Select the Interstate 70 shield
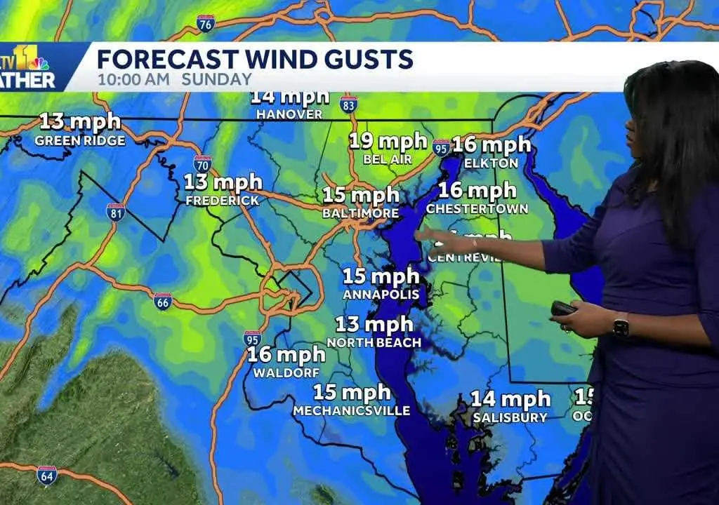tap(202, 163)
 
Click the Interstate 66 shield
tap(163, 302)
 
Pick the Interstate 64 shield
tap(47, 475)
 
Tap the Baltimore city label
tap(361, 213)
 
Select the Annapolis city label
tap(381, 295)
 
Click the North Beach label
tap(374, 342)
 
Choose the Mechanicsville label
tap(351, 410)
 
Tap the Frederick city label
tap(222, 201)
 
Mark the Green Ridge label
tap(80, 140)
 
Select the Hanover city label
tap(289, 114)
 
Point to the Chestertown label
tap(477, 209)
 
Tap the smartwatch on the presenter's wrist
tap(620, 326)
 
